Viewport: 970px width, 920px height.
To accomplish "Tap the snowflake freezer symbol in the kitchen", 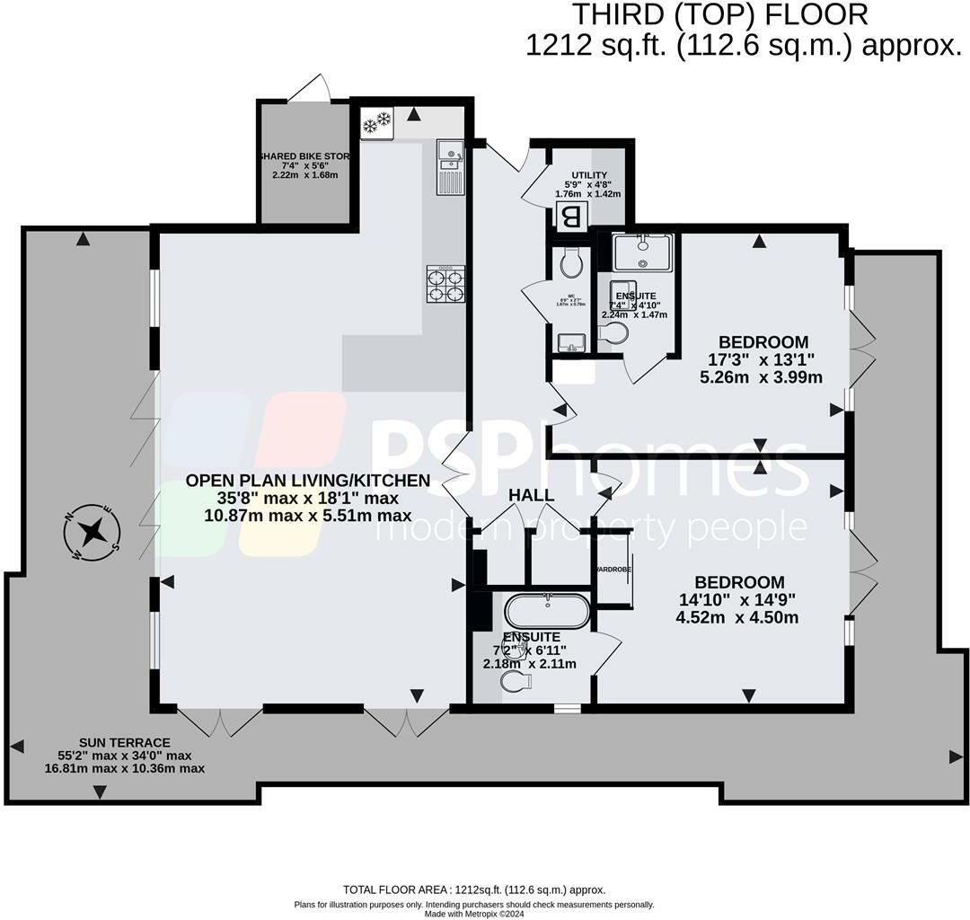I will (375, 123).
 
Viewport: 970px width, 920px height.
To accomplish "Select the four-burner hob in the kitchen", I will (446, 284).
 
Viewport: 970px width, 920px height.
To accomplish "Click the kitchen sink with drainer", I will (448, 167).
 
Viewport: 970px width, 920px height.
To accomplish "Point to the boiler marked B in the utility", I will (570, 217).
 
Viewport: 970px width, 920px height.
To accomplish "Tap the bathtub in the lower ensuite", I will (547, 613).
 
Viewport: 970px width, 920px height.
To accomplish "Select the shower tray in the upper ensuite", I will (642, 252).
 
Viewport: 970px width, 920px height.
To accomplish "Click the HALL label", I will (531, 496).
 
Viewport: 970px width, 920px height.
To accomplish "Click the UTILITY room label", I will (589, 175).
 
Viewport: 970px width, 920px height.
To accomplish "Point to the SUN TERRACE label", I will (124, 742).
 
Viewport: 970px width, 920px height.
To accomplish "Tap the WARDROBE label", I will (613, 570).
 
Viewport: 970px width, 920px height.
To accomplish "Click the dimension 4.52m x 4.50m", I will (737, 617).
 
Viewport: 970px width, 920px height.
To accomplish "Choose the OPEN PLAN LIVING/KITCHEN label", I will (308, 480).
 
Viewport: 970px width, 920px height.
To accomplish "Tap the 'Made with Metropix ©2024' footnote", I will (473, 913).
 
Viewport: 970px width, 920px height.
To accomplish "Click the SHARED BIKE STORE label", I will (304, 156).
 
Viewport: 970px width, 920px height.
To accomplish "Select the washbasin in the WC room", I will (571, 341).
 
